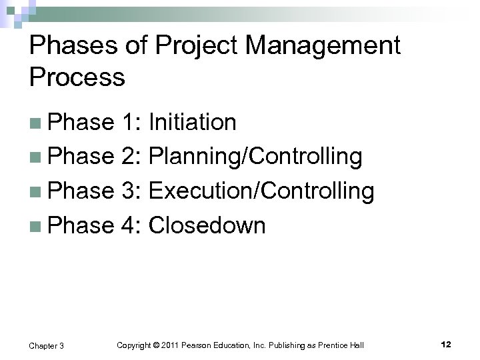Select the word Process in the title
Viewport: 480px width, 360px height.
tap(77, 77)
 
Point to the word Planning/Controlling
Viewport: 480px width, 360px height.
tap(256, 157)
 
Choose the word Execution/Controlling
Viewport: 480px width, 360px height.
tap(261, 192)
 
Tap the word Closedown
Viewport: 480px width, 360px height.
tap(207, 226)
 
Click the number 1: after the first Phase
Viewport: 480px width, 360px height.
tap(132, 123)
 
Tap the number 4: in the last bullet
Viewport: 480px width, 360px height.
tap(132, 226)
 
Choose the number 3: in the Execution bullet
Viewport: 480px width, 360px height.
tap(132, 192)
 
